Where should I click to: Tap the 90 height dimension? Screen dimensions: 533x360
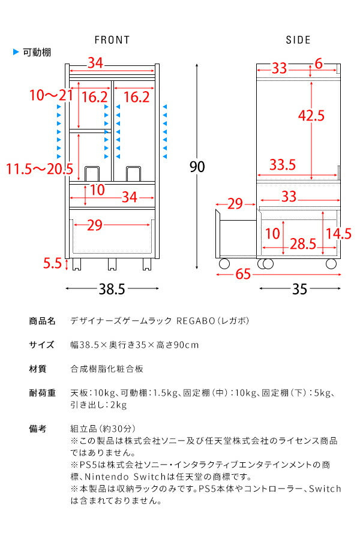coord(197,167)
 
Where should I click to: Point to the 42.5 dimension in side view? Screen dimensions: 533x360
coord(312,115)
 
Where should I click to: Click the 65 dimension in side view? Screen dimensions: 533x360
coord(243,275)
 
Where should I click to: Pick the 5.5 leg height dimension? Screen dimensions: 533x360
coord(53,262)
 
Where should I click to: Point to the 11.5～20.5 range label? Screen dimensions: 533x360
coord(40,170)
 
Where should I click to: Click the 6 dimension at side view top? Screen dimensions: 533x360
coord(318,64)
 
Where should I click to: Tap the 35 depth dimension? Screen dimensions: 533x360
coord(299,290)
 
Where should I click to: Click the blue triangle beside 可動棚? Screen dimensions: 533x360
coord(16,52)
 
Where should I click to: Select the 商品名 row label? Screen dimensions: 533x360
coord(42,321)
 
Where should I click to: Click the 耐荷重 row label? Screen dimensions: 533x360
coord(42,393)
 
